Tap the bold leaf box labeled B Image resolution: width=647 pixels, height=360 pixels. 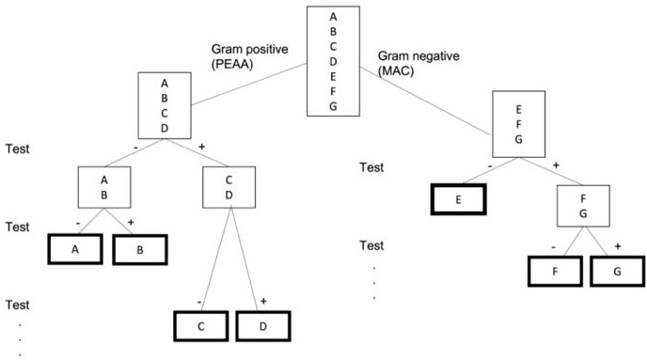coord(139,250)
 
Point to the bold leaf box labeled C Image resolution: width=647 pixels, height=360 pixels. coord(200,325)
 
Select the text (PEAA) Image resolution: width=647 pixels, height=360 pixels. coord(227,64)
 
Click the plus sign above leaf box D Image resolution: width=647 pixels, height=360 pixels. coord(263,300)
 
